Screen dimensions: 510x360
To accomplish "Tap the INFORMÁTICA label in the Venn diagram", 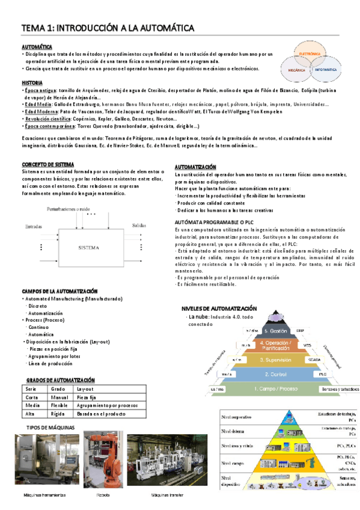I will pyautogui.click(x=326, y=70).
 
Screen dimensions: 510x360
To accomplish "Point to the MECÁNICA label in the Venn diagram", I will pyautogui.click(x=294, y=70).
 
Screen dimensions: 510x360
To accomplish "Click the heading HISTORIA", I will pyautogui.click(x=32, y=82).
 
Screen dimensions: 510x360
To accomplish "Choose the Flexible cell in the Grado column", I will pyautogui.click(x=59, y=405).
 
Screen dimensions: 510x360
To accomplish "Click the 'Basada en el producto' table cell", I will pyautogui.click(x=101, y=414).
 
